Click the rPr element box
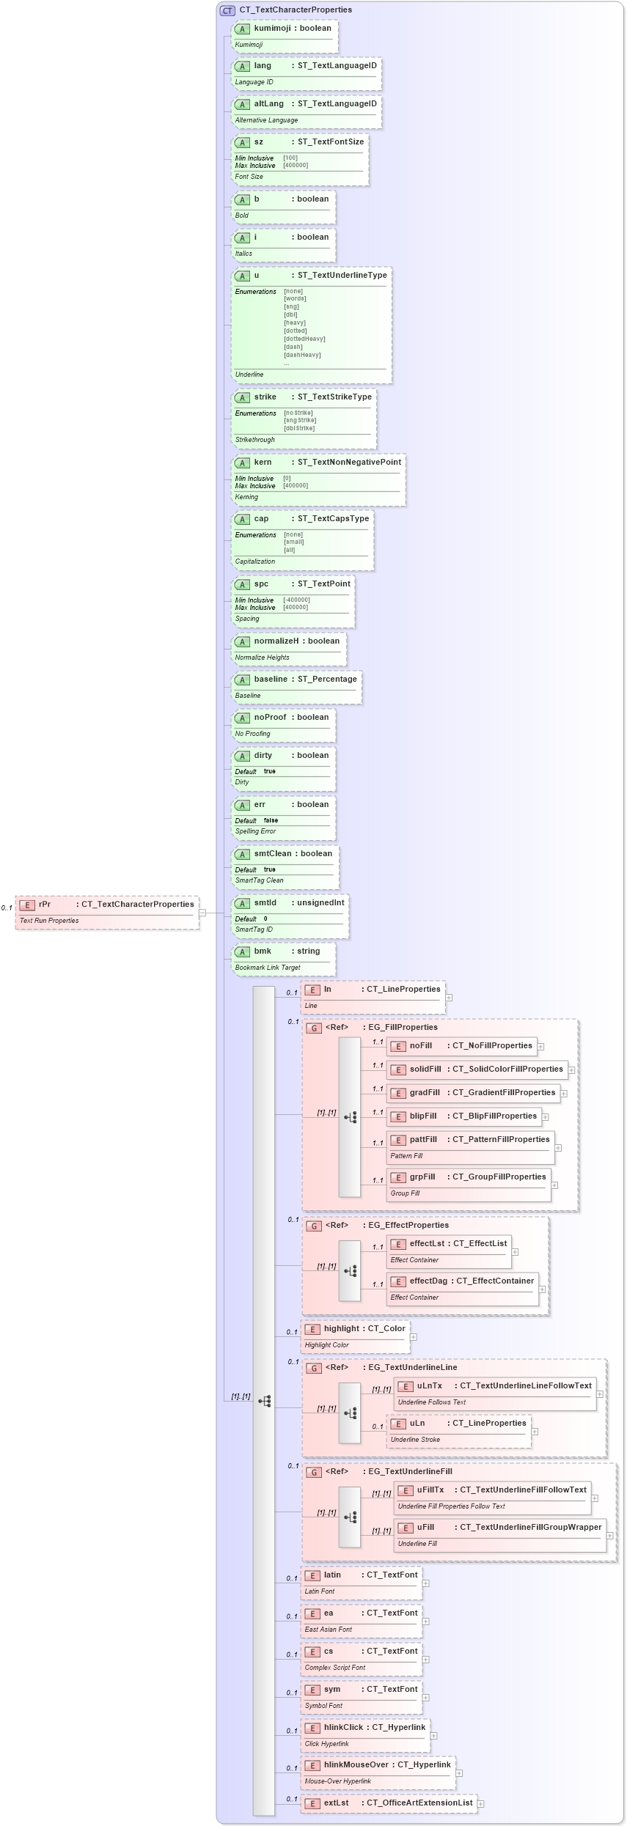click(107, 911)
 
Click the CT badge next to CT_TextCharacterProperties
click(227, 10)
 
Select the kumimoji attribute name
click(272, 29)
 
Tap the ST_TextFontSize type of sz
click(330, 142)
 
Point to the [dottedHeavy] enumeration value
click(304, 339)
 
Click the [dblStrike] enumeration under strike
click(299, 428)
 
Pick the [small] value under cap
click(293, 542)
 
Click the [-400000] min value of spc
click(296, 600)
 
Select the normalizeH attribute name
click(276, 641)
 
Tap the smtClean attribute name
click(272, 854)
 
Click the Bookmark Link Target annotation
click(268, 968)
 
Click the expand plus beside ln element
click(449, 998)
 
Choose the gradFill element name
click(425, 1093)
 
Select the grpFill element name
click(422, 1177)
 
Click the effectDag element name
click(428, 1281)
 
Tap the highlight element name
click(341, 1329)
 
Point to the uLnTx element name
click(430, 1386)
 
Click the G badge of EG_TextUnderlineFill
click(314, 1473)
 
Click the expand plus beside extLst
click(481, 1803)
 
